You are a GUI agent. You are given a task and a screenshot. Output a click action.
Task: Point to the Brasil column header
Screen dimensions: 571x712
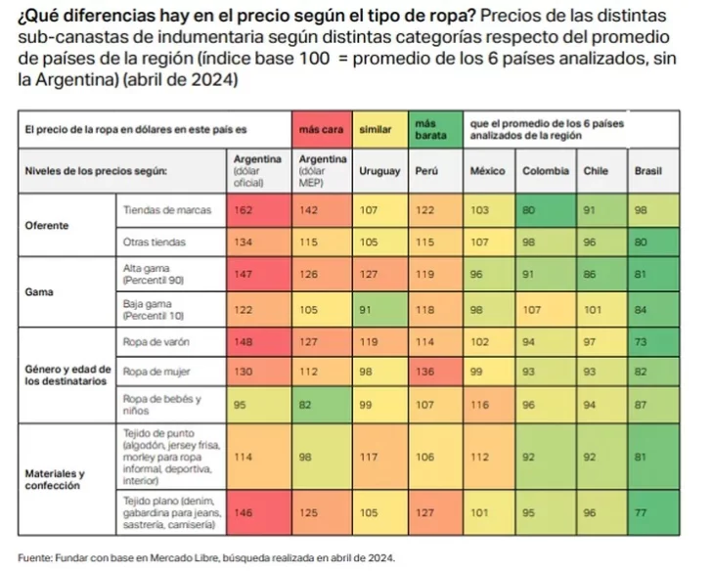[647, 170]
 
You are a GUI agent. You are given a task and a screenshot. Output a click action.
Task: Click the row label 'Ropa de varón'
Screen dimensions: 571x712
[149, 342]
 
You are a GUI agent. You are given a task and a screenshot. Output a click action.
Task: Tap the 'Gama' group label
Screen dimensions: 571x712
[39, 291]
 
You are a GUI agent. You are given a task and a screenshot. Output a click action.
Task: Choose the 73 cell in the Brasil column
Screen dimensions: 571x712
[647, 342]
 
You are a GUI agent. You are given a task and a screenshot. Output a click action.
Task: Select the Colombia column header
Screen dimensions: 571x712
[544, 170]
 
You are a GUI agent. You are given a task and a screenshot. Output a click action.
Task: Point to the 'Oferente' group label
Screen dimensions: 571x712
[46, 225]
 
